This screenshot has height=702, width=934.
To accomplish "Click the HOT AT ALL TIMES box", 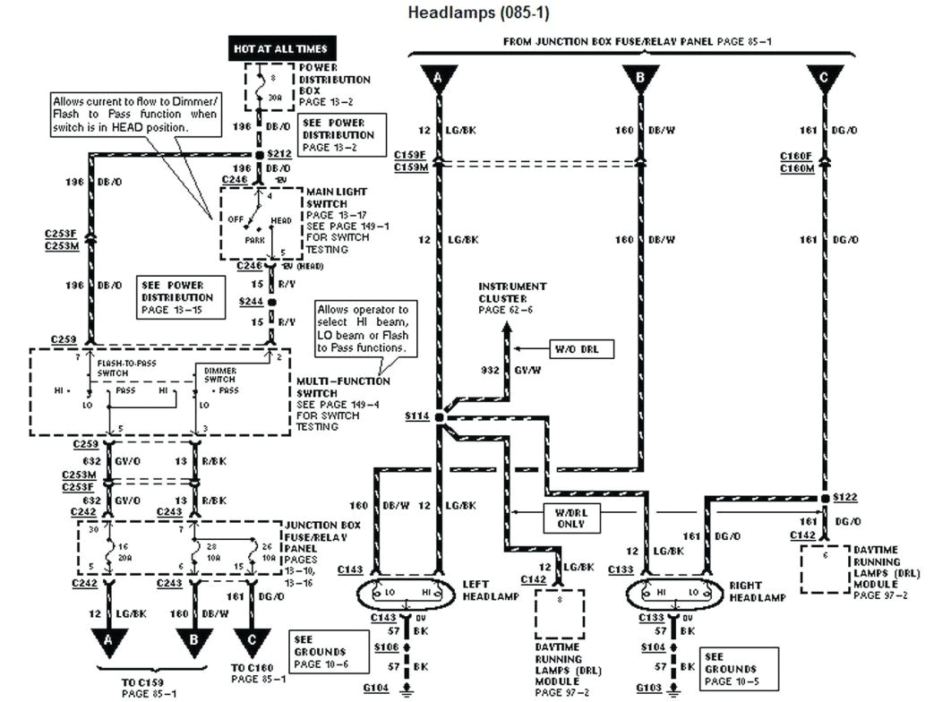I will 279,47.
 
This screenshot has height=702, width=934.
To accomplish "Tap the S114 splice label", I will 416,417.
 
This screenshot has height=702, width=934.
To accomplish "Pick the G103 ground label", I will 648,688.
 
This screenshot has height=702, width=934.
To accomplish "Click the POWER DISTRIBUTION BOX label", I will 333,79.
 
